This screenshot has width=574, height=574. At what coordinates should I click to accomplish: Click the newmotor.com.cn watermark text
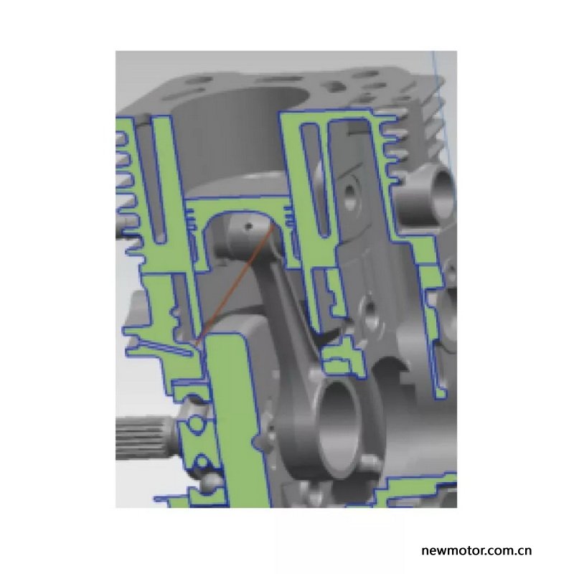pyautogui.click(x=476, y=550)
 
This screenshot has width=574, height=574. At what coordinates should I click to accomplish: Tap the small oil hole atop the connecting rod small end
pyautogui.click(x=249, y=226)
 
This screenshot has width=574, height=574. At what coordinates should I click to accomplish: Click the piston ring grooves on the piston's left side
pyautogui.click(x=191, y=220)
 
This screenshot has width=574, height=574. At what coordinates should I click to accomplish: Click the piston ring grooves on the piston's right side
pyautogui.click(x=288, y=217)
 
